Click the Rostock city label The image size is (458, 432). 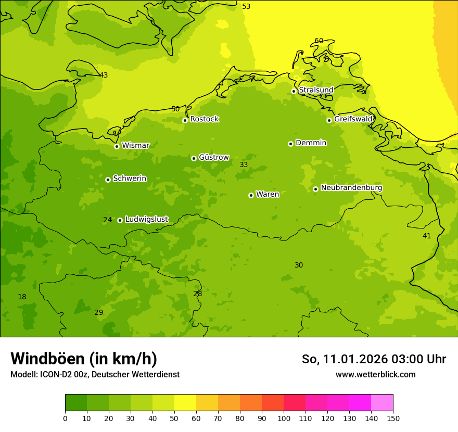pos(204,119)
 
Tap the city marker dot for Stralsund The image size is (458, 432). pos(294,91)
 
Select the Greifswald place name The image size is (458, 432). pos(353,119)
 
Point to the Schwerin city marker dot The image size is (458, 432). pos(108,180)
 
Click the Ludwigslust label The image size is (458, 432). pos(146,220)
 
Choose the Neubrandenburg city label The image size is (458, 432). pos(351,188)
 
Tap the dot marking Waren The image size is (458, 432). pos(251,195)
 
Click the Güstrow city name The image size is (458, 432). pos(213,157)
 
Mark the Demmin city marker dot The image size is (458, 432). pos(290,144)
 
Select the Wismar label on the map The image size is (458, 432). pos(135,146)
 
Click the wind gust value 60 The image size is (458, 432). pos(319,41)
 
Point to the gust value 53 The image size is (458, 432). pos(246,6)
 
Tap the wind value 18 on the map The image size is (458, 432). pos(22,297)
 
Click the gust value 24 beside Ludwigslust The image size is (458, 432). pos(107,220)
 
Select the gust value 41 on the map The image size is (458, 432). pos(427,236)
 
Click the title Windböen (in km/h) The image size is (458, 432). pos(84,359)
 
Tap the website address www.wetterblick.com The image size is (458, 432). pos(375,375)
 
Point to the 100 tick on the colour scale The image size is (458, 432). pos(284,418)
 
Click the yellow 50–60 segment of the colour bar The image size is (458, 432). pos(185,402)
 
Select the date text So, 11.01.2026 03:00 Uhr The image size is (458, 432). pos(374,359)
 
